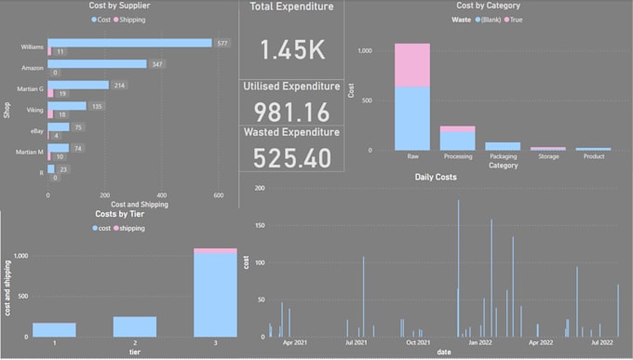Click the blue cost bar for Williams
(x=130, y=43)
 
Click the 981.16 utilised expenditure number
(x=291, y=111)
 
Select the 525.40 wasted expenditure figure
(x=291, y=157)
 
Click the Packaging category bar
(x=503, y=146)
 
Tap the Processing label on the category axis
(x=457, y=158)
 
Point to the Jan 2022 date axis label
(x=479, y=342)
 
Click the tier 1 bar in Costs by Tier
(x=55, y=330)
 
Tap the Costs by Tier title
(x=120, y=214)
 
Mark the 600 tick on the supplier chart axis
(x=218, y=195)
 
